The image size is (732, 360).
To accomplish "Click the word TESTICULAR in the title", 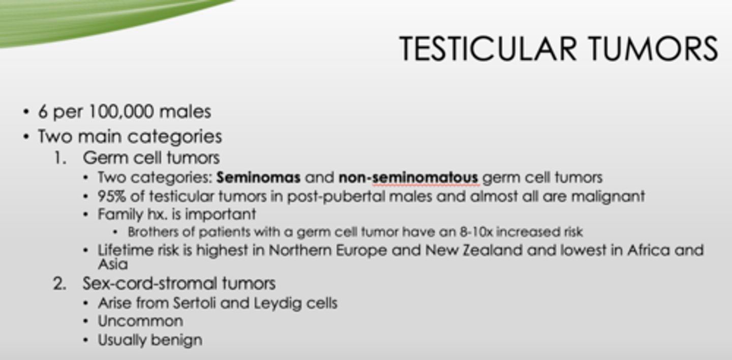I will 488,48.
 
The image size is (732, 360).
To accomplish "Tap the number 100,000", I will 122,112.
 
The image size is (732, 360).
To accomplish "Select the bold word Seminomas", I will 258,177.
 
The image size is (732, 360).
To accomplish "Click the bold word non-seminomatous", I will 408,177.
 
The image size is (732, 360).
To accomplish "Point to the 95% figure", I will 111,196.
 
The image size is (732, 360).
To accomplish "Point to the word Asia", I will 112,264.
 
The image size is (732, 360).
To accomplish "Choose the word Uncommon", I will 140,321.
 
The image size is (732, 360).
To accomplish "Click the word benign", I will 178,340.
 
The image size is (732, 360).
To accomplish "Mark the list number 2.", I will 59,283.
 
